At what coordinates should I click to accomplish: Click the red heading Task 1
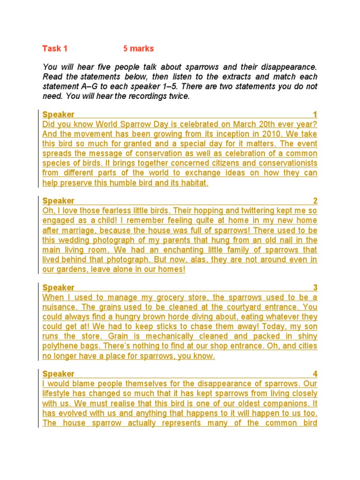point(55,49)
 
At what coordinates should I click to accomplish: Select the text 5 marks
point(138,49)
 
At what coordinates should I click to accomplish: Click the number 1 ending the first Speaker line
point(315,115)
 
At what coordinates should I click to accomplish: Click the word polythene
point(60,346)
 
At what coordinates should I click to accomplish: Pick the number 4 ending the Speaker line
point(315,374)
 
